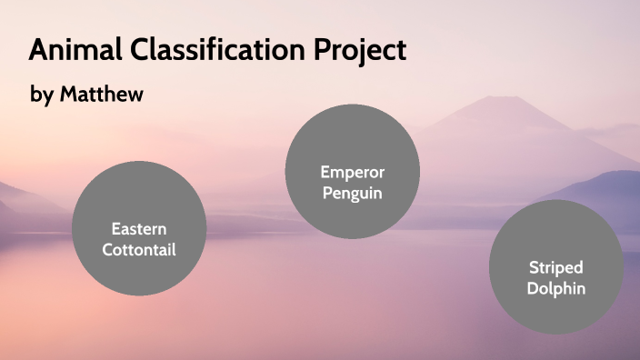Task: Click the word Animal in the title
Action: (71, 50)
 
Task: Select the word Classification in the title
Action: (215, 50)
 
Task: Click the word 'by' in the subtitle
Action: (42, 95)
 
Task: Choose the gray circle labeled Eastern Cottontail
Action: (138, 227)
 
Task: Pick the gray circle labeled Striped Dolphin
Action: (555, 267)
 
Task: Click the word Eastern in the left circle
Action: (138, 228)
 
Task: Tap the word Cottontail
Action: (138, 248)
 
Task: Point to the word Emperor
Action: (352, 172)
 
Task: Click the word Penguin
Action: (352, 193)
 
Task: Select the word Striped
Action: (555, 268)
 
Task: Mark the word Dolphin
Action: (555, 289)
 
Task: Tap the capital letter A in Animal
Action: (39, 50)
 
